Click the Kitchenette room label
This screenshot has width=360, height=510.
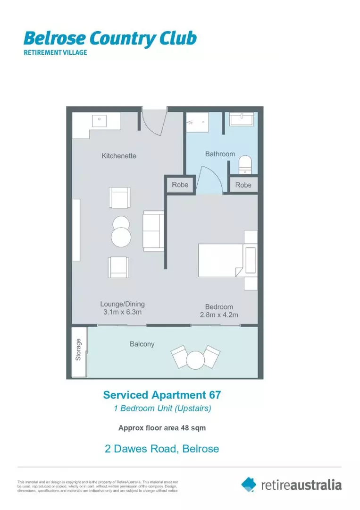pyautogui.click(x=119, y=155)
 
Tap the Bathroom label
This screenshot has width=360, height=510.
pyautogui.click(x=220, y=154)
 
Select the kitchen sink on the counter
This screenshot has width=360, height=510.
pyautogui.click(x=99, y=119)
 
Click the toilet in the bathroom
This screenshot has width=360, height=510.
pyautogui.click(x=245, y=165)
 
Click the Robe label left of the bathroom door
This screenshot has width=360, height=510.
pyautogui.click(x=180, y=185)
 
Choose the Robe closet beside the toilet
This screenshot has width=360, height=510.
pyautogui.click(x=243, y=185)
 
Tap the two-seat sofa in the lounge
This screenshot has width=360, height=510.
pyautogui.click(x=153, y=231)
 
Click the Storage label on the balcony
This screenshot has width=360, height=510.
pyautogui.click(x=79, y=349)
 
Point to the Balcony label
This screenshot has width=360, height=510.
pyautogui.click(x=142, y=344)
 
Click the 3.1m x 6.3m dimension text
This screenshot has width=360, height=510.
pyautogui.click(x=122, y=313)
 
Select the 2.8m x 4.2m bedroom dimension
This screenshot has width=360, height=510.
pyautogui.click(x=218, y=315)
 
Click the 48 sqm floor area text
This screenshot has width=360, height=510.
pyautogui.click(x=188, y=428)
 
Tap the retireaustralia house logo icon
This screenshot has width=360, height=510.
pyautogui.click(x=249, y=484)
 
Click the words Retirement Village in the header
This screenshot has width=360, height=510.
pyautogui.click(x=55, y=52)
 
